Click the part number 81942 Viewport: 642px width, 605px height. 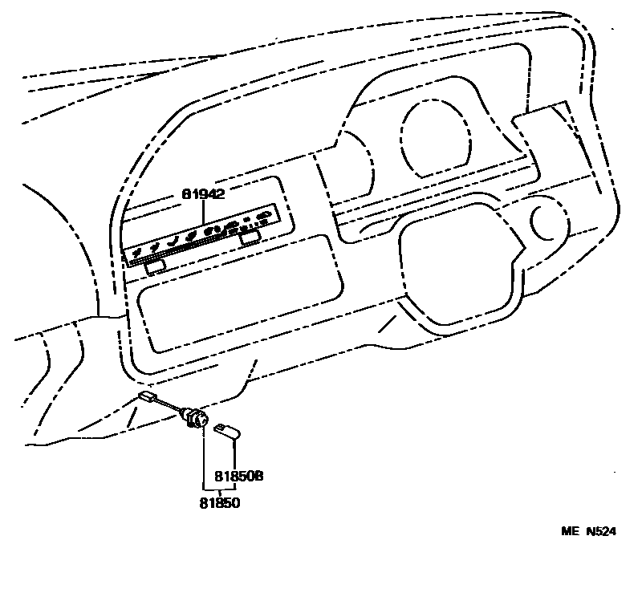click(202, 194)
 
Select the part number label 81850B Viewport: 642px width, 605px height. click(239, 476)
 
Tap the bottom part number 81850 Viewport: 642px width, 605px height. click(220, 503)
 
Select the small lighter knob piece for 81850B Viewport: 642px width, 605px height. click(227, 432)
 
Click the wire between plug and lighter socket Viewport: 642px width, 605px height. click(170, 408)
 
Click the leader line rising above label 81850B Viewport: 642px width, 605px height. click(233, 453)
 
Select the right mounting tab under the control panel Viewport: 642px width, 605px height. click(249, 238)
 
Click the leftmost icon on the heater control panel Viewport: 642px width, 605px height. click(137, 254)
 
